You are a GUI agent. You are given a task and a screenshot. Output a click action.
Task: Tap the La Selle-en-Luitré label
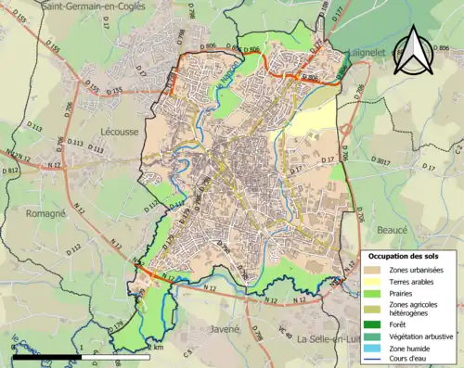335,339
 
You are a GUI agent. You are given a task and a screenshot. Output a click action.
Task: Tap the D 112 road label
73,248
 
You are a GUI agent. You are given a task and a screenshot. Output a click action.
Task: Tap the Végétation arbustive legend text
422,336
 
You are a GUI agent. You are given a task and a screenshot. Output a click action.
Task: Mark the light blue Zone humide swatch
374,349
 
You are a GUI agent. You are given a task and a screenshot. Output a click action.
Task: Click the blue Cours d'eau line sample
374,361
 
